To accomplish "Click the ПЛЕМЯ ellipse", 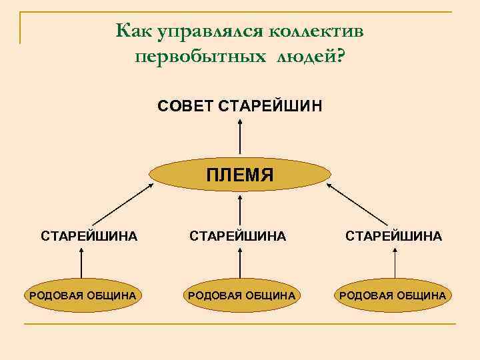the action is point(239,175).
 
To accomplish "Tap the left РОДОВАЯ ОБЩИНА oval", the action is point(81,295).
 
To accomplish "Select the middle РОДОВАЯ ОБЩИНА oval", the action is point(239,295).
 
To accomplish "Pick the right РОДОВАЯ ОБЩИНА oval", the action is point(393,295).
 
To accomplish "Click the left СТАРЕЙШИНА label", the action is point(89,235).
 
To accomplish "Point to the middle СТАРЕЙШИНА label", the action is point(238,235).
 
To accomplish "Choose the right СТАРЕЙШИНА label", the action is point(393,235).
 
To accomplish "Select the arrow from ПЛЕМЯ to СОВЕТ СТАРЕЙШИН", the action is point(239,137).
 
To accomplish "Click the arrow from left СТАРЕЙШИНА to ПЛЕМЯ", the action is point(119,205).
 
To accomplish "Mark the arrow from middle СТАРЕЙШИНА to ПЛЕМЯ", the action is point(239,207).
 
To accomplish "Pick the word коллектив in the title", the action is point(316,31).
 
